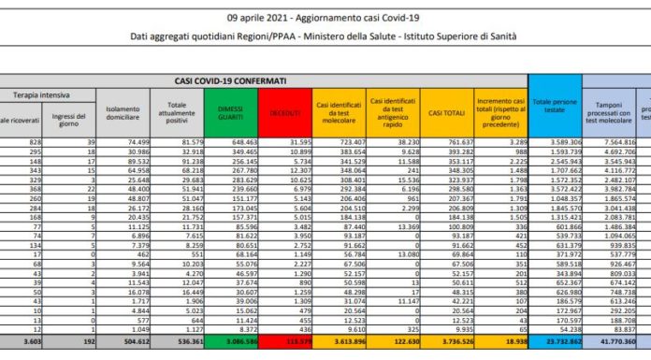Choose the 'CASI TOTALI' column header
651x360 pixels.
449,112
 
